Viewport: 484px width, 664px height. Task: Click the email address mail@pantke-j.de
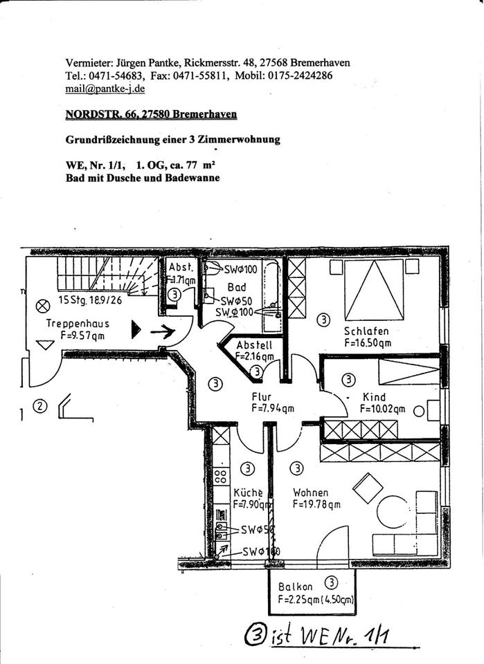(105, 89)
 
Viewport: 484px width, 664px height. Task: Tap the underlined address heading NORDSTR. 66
(151, 114)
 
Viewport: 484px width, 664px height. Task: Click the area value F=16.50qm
(368, 342)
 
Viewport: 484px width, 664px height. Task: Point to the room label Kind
(374, 397)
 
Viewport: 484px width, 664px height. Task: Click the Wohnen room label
(310, 492)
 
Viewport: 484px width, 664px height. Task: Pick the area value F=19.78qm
(316, 505)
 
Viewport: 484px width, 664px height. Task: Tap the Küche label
(247, 492)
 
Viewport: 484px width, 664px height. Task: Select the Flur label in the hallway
(261, 397)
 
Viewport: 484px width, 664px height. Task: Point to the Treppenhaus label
(78, 324)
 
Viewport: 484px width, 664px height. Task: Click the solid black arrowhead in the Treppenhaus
(136, 331)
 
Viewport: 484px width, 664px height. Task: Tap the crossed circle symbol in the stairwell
(44, 304)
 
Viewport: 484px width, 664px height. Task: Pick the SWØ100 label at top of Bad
(242, 268)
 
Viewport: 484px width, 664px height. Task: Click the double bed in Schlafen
(374, 289)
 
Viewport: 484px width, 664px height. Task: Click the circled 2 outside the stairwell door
(39, 407)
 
